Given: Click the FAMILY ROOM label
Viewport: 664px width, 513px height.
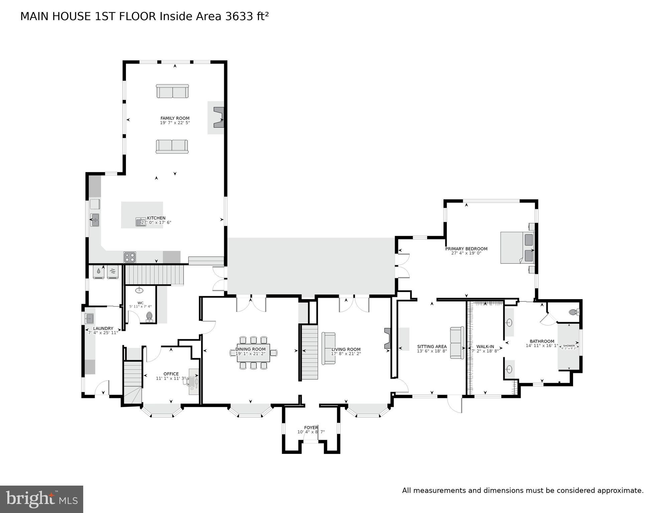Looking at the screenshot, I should click(175, 118).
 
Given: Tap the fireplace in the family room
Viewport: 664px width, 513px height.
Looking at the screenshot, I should click(219, 117).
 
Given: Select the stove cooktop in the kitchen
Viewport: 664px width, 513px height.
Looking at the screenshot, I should click(130, 257).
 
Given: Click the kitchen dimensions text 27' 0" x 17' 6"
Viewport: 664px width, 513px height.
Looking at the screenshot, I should click(156, 223).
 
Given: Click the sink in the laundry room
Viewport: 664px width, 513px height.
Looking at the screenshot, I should click(89, 319).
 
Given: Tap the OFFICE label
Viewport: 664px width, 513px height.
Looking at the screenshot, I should click(171, 374).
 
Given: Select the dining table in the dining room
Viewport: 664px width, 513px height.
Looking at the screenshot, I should click(253, 353).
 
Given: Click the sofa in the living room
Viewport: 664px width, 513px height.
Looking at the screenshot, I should click(328, 348).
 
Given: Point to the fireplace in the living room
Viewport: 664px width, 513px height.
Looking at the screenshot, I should click(387, 339).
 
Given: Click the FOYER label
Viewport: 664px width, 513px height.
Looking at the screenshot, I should click(311, 427).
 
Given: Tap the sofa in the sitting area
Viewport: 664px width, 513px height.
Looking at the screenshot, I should click(457, 343).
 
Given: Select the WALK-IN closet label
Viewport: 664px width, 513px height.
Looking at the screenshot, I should click(485, 347).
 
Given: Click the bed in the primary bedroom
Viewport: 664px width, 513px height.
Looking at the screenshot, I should click(517, 248).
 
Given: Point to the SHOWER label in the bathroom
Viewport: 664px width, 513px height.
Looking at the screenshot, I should click(569, 346).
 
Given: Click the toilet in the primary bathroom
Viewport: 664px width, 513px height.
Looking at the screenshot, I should click(573, 312).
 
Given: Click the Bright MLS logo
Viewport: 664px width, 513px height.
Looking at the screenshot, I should click(41, 499).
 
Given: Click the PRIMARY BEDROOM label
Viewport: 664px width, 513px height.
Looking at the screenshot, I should click(466, 249).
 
